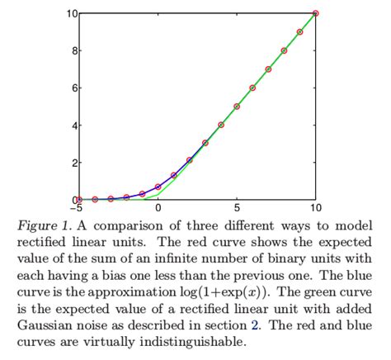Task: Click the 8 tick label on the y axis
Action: click(x=73, y=51)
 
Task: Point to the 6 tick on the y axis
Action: click(x=73, y=88)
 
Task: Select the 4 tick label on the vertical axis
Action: click(x=73, y=126)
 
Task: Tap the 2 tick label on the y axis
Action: click(x=73, y=163)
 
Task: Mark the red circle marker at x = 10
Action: click(x=315, y=13)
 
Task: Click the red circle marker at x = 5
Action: click(x=237, y=107)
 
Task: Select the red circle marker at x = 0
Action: click(x=158, y=187)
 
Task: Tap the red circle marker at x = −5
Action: click(x=79, y=199)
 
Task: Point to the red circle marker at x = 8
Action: click(x=284, y=50)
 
